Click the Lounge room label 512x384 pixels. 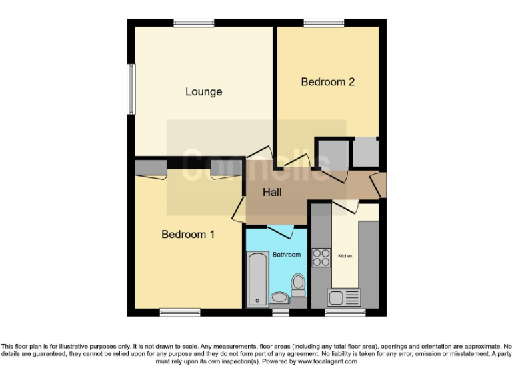pos(203,92)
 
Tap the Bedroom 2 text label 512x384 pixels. pos(327,82)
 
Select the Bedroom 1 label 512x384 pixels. pos(188,235)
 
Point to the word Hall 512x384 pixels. pos(272,193)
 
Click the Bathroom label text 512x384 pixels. pos(287,255)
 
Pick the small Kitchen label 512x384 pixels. pos(345,256)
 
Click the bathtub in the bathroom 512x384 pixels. pos(257,278)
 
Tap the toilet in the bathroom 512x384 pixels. pos(298,285)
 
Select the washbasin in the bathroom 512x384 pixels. pos(279,297)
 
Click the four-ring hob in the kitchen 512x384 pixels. pos(321,257)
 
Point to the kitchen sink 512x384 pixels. pos(343,297)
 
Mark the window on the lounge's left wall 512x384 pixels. pos(131,89)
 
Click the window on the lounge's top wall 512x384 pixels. pos(194,23)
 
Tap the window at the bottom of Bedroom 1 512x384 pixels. pos(180,312)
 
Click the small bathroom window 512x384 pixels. pos(280,312)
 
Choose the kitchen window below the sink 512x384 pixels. pos(345,312)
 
